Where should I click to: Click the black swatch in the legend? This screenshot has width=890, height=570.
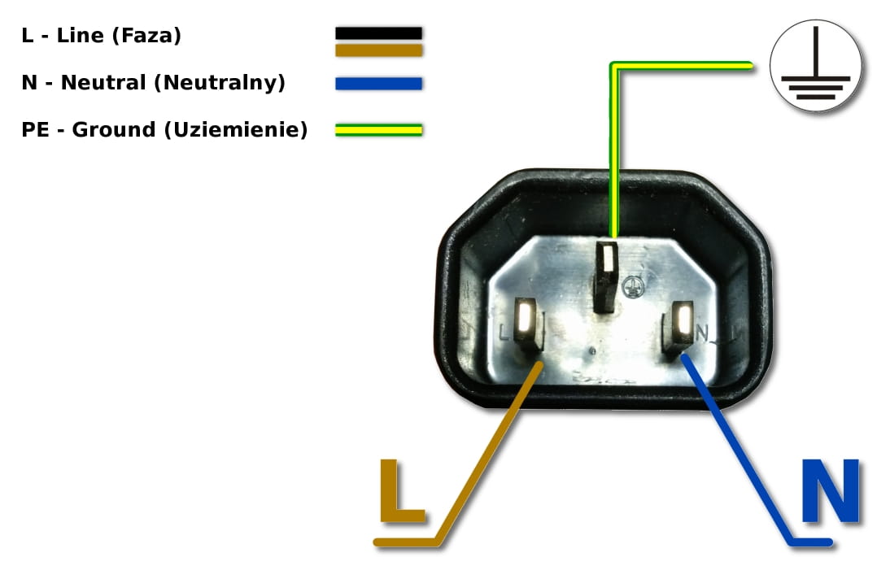coord(378,33)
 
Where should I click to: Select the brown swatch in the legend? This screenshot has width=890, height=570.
coord(378,50)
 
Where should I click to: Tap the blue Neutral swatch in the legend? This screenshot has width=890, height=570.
coord(378,83)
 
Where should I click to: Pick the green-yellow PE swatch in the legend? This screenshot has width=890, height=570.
coord(378,129)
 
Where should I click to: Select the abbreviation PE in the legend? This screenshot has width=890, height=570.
coord(35,130)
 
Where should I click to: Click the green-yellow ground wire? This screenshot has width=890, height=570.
coord(612,146)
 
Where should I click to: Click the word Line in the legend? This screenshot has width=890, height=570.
coord(80,36)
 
